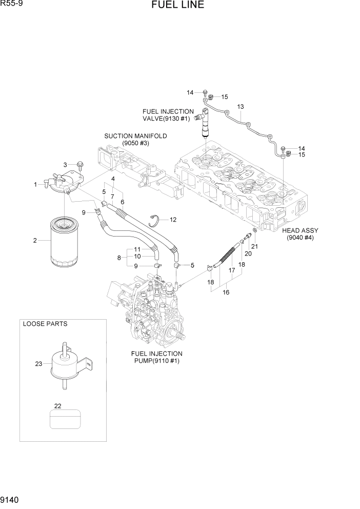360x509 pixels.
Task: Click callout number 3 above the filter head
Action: coord(65,164)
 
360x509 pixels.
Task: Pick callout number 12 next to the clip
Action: coord(173,220)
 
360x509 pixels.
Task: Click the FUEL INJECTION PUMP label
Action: coord(157,357)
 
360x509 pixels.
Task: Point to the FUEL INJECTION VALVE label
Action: coord(168,114)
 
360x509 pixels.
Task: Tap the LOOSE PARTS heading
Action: coord(45,324)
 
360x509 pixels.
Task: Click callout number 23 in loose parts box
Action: coord(38,364)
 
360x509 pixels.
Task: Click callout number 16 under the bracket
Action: coord(226,292)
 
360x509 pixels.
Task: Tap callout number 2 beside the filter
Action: coord(35,241)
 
